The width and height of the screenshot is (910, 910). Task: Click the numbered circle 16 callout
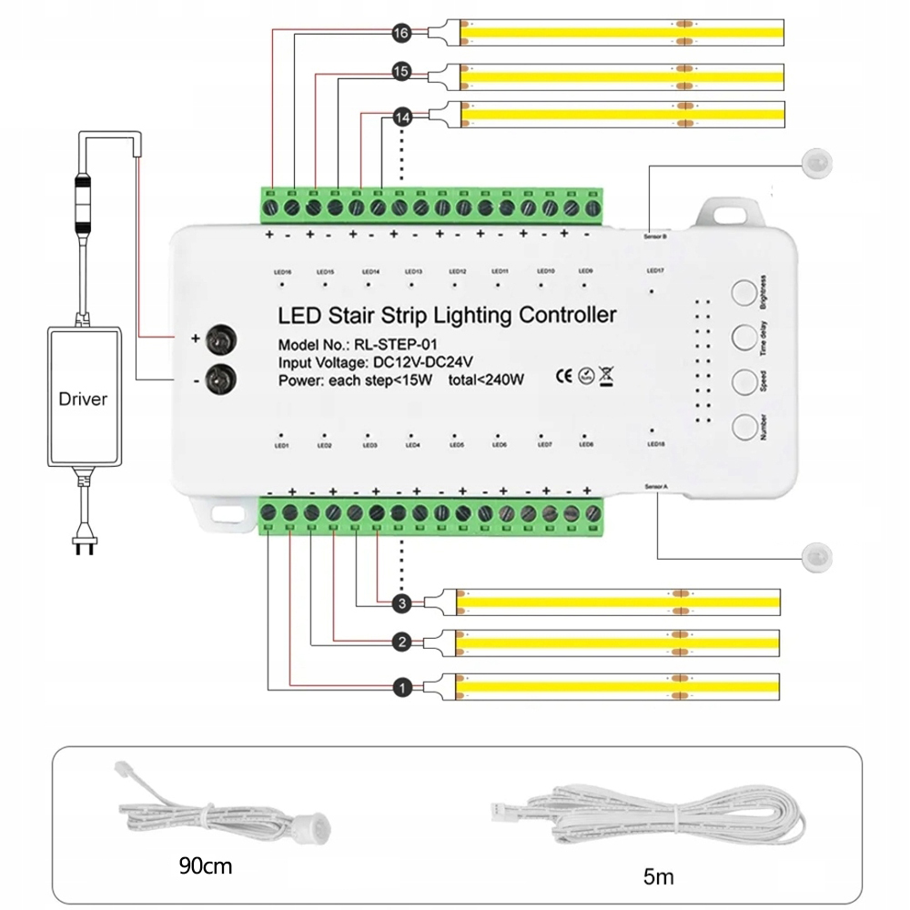(x=402, y=33)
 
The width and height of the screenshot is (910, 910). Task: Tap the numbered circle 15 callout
(x=402, y=71)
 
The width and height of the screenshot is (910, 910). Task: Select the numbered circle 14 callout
(x=402, y=117)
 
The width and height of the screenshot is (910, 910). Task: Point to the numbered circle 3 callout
(x=402, y=603)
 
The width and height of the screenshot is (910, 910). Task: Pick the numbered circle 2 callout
(x=402, y=642)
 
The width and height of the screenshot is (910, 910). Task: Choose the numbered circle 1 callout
(x=402, y=687)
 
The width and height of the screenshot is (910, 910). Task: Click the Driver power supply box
(x=83, y=398)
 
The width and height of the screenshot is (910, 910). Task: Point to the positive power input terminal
(x=219, y=339)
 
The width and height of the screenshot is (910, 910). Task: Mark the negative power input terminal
(x=219, y=377)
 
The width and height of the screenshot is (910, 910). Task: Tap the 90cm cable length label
(x=205, y=865)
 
